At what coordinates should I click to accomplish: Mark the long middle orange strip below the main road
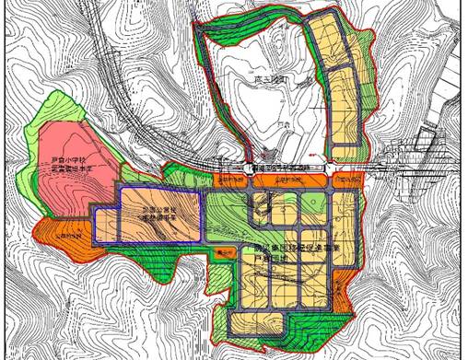point(286,182)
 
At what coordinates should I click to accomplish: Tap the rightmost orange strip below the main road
point(347,182)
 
